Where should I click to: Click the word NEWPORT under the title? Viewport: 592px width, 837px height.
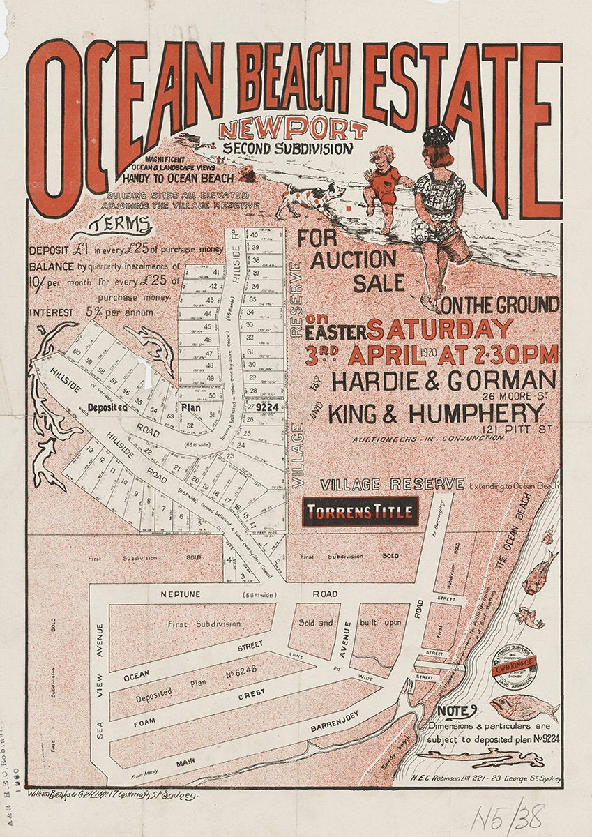click(292, 130)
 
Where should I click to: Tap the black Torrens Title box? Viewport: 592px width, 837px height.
click(360, 513)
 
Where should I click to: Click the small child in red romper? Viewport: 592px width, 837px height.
click(383, 184)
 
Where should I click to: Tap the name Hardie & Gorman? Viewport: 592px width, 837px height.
click(443, 381)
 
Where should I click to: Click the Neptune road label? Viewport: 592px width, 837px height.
click(181, 594)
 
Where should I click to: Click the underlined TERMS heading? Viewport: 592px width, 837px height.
click(121, 225)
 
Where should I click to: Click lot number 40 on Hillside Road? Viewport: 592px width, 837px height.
click(255, 235)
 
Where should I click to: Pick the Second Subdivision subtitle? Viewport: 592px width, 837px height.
click(288, 148)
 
